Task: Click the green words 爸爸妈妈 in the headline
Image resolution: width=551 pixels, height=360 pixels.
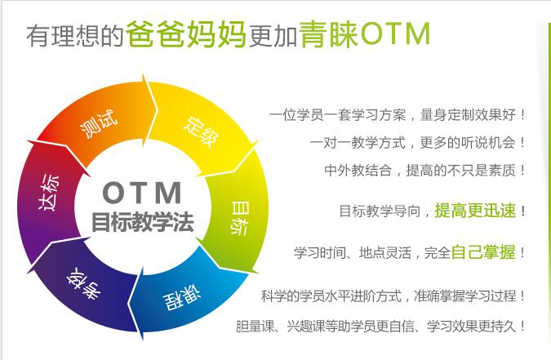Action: [186, 34]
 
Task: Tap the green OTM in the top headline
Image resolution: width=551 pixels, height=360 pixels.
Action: [395, 33]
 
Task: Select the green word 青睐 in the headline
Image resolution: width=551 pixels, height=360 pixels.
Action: [329, 34]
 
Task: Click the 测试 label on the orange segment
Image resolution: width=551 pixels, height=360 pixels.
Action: [99, 123]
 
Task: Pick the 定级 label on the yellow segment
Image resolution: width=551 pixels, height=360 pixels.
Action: [202, 131]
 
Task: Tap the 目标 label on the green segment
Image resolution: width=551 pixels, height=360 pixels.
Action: [240, 218]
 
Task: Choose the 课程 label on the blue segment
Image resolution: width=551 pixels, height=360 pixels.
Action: [182, 299]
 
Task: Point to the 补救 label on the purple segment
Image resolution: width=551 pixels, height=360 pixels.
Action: [83, 283]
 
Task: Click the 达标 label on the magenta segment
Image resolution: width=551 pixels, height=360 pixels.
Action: [48, 193]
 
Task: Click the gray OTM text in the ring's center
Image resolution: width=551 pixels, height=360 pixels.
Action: [142, 193]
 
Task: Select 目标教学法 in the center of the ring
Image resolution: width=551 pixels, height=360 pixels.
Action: [142, 222]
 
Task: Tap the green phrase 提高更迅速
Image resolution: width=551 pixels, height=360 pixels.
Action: [475, 211]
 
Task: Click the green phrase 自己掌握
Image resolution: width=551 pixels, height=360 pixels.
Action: [483, 252]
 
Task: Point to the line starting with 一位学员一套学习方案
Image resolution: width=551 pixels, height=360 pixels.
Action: [398, 115]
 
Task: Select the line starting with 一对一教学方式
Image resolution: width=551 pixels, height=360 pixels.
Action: [418, 143]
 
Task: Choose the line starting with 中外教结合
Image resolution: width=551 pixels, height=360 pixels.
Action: [424, 171]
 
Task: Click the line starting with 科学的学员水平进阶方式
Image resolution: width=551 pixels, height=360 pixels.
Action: [393, 296]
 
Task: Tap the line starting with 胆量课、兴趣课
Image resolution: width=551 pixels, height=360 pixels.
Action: [380, 327]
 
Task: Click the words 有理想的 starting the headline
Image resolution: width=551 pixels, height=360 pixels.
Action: [75, 36]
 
